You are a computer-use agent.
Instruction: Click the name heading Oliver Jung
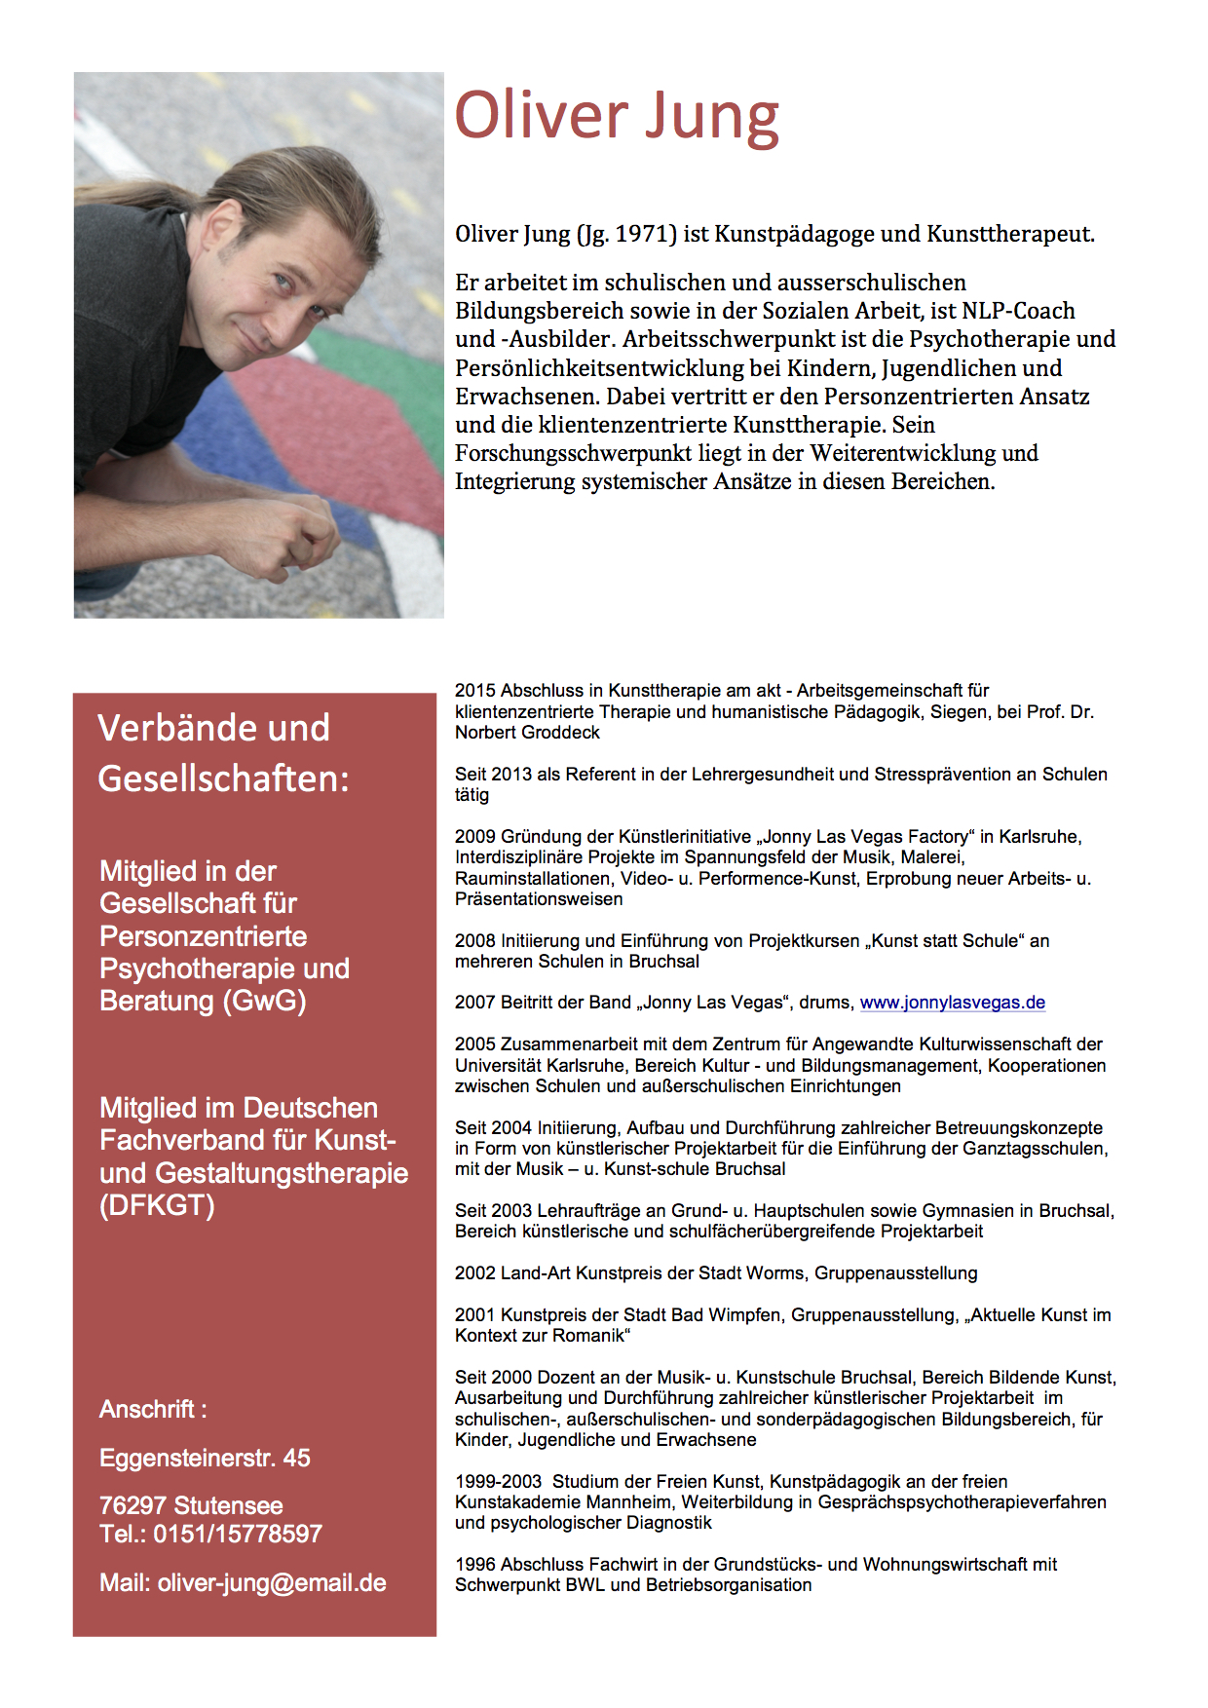(x=617, y=117)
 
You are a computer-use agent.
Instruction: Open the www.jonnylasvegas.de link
(x=952, y=1003)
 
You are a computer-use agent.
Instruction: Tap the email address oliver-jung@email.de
(x=272, y=1582)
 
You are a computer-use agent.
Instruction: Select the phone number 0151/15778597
(x=238, y=1534)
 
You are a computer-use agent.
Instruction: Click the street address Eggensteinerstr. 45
(x=205, y=1458)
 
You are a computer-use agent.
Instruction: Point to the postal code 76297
(x=132, y=1505)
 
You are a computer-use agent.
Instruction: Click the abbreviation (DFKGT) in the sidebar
(x=157, y=1205)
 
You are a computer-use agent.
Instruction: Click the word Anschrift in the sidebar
(x=147, y=1409)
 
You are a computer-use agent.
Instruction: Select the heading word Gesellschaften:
(x=223, y=778)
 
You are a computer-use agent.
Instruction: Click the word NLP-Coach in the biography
(x=1018, y=311)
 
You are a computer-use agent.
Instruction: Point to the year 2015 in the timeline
(x=475, y=691)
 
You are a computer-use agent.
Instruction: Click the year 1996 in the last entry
(x=475, y=1564)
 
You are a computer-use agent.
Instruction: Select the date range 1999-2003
(x=498, y=1481)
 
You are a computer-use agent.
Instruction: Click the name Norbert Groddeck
(x=527, y=733)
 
